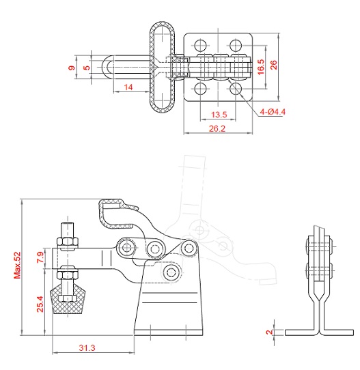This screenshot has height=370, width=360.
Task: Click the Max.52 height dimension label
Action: pos(17,266)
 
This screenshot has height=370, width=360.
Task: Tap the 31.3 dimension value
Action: pos(87,347)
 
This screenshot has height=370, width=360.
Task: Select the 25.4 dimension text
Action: pos(40,304)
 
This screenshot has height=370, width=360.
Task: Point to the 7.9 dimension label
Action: pos(40,257)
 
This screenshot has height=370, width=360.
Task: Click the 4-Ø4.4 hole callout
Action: pos(273,111)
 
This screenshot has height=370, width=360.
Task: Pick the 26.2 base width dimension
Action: pos(217,128)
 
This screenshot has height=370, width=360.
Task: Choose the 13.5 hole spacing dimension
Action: pos(219,115)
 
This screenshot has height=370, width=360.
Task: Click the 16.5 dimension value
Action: pos(261,68)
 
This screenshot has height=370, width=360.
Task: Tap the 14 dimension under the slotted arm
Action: pos(128,87)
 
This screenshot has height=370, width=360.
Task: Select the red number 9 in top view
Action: pos(72,68)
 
